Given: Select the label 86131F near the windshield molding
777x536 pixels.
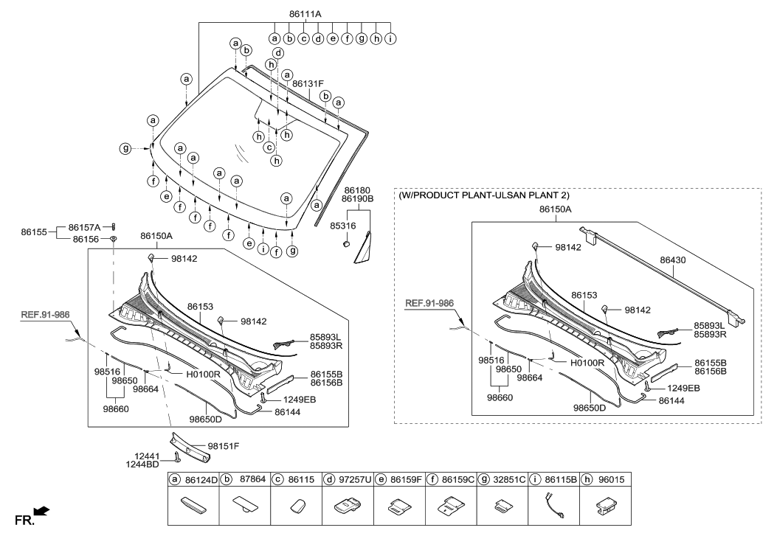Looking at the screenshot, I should coord(308,84).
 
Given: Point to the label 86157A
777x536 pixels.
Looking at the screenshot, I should coord(83,228).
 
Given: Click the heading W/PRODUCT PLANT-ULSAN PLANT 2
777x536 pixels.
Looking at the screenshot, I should coord(484,196).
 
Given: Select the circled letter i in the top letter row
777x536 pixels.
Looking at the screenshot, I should coord(390,38).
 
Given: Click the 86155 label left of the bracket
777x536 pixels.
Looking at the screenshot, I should coord(34,232).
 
